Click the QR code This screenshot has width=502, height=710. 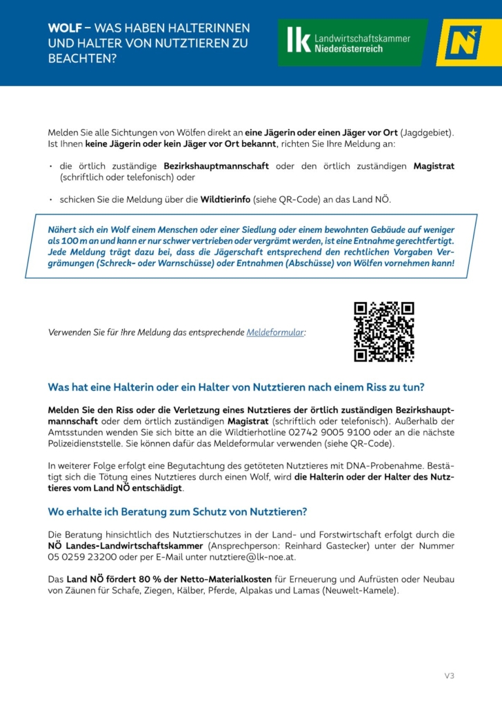pyautogui.click(x=384, y=332)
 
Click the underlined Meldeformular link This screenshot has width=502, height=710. pyautogui.click(x=275, y=332)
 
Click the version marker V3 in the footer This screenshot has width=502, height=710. pyautogui.click(x=449, y=676)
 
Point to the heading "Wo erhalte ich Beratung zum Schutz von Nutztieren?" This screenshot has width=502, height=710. pyautogui.click(x=177, y=512)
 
